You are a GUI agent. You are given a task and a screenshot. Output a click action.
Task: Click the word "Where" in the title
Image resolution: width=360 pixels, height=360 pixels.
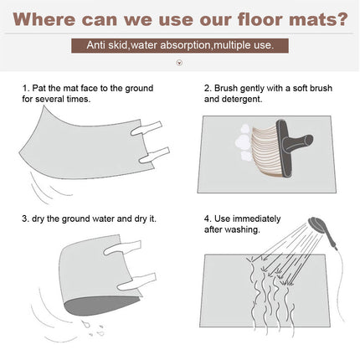coord(44,19)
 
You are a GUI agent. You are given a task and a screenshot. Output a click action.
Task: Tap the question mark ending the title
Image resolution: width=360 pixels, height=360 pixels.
coord(341,19)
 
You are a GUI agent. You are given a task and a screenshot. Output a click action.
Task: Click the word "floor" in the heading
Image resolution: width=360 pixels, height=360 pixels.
coord(260,19)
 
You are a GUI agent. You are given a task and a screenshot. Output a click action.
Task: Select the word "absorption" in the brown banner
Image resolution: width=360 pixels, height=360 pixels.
coord(185,45)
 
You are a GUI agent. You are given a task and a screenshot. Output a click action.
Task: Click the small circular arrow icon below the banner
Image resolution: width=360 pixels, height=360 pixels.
coord(180,63)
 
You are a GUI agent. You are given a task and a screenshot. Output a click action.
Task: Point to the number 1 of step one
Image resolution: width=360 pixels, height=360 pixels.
coord(25,88)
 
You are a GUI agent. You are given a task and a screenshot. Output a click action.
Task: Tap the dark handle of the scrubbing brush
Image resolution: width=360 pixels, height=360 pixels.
coord(293,145)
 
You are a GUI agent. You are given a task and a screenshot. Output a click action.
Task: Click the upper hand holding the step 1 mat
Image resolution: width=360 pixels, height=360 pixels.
coord(147,128)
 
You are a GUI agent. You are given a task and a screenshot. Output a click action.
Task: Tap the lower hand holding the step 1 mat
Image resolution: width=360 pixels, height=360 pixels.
coord(154,155)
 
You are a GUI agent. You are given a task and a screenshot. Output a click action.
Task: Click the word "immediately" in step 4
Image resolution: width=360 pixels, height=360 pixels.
coord(256,219)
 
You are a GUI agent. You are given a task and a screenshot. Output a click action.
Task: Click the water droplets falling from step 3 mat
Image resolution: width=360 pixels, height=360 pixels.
coord(94,329)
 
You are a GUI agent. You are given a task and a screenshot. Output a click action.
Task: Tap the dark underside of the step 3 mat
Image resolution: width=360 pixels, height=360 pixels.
coord(100,306)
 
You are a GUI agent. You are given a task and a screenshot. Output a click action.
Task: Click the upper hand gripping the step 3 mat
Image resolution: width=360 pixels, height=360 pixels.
coord(123,249)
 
